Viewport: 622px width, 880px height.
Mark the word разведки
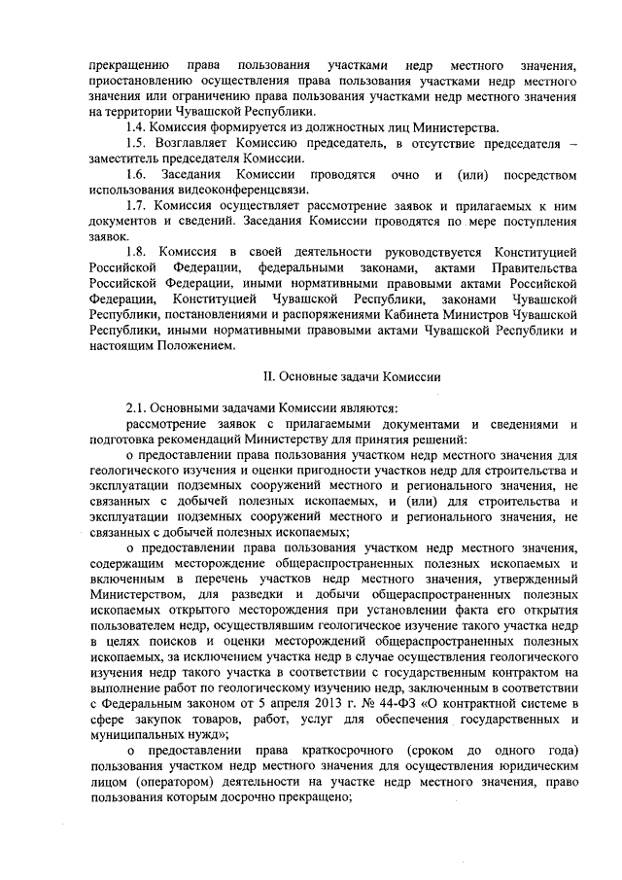[x=275, y=593]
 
